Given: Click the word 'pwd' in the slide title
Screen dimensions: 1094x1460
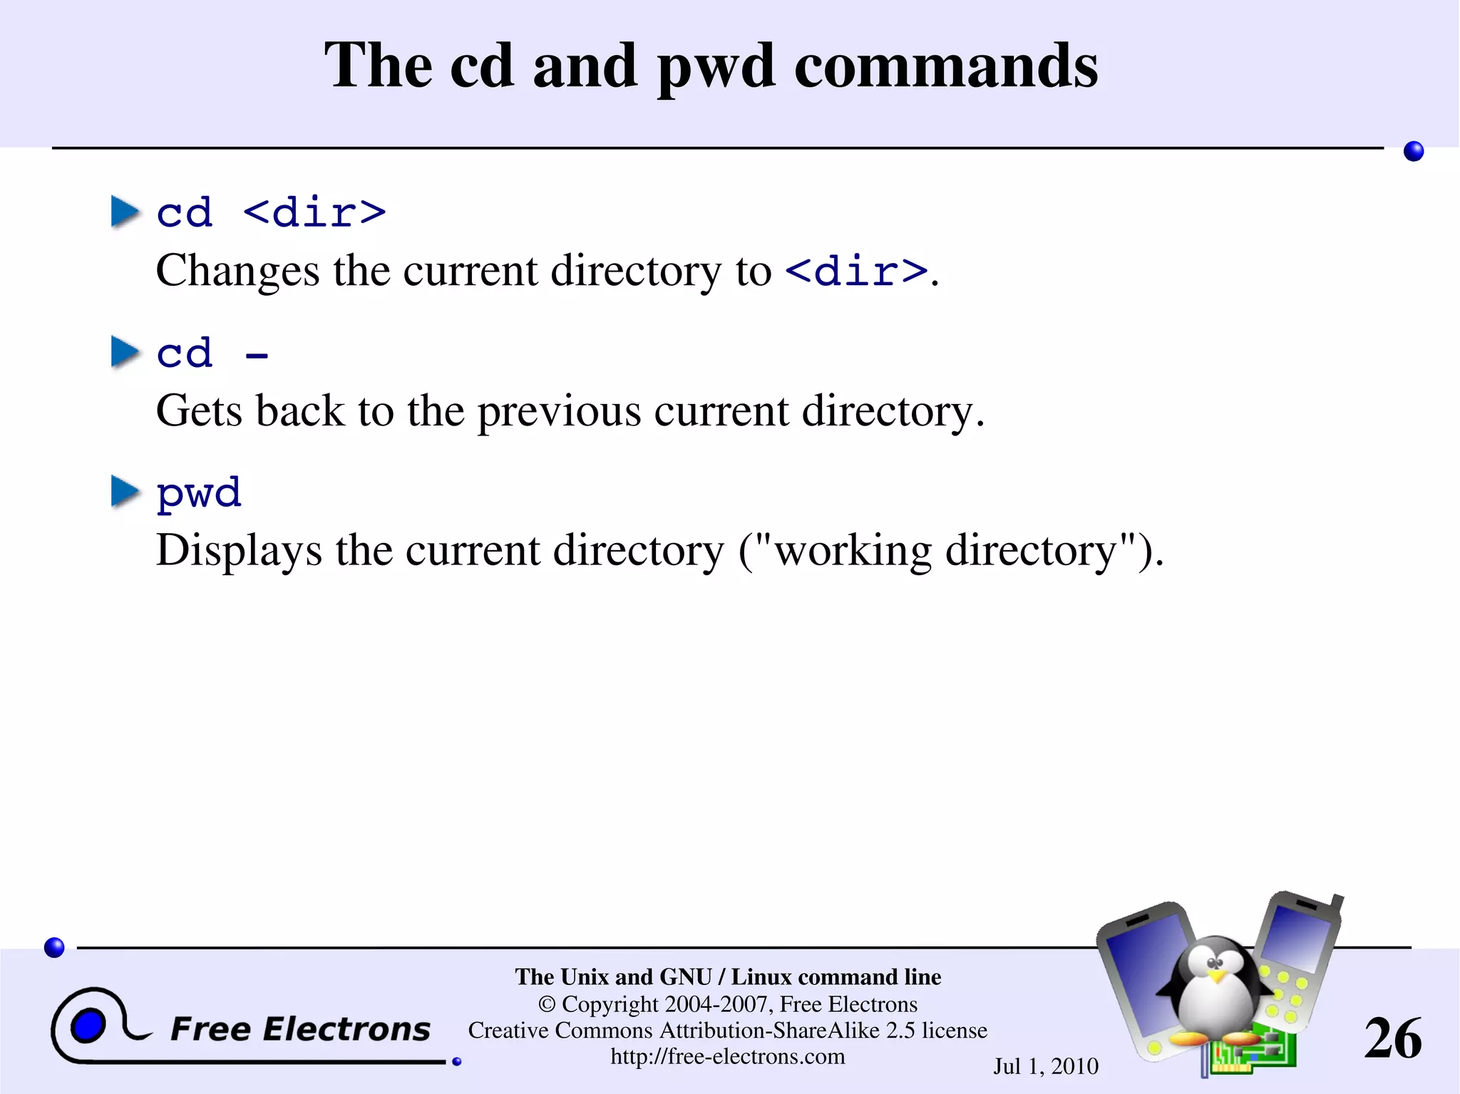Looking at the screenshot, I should click(x=715, y=68).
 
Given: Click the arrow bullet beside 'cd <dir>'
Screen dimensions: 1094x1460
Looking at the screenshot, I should click(x=125, y=212).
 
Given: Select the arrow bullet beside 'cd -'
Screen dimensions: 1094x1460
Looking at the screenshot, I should click(x=125, y=353).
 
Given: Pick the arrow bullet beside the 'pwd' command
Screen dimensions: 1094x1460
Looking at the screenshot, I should click(x=125, y=492).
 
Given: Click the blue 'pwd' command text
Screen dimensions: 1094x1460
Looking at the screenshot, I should click(x=199, y=493).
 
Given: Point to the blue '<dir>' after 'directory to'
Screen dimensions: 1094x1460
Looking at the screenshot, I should click(x=856, y=272).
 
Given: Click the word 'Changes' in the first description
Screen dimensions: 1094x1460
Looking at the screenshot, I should click(x=237, y=272).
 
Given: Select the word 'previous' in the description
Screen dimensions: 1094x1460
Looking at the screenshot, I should click(x=559, y=411).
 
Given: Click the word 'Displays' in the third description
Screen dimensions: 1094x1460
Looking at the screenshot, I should click(x=239, y=551).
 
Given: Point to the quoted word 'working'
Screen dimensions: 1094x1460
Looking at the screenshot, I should click(x=853, y=551).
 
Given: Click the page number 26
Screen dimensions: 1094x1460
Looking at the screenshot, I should click(x=1393, y=1038).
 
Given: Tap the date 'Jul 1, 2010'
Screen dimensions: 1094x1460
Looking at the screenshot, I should click(x=1046, y=1066).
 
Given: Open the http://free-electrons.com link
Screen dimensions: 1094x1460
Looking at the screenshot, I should click(x=728, y=1056).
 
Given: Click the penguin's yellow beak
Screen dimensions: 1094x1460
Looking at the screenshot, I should click(x=1219, y=975).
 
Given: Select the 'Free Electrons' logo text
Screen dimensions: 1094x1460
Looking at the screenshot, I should click(x=300, y=1029).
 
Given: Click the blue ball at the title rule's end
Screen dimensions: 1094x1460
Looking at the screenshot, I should click(x=1414, y=151).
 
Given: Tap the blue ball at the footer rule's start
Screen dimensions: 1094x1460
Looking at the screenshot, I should click(x=54, y=947).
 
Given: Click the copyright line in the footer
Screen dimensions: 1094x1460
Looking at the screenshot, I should click(x=728, y=1004).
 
